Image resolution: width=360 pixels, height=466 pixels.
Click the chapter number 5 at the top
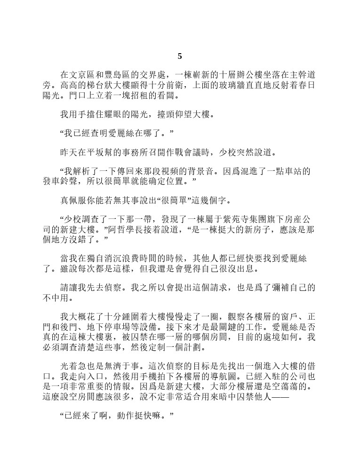[180, 56]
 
